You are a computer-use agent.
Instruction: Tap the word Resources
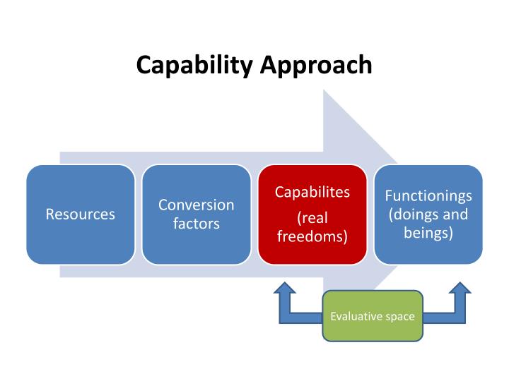point(81,214)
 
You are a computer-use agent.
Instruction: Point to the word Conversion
point(197,205)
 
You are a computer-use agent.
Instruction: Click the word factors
point(197,224)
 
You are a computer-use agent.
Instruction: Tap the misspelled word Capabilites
point(312,193)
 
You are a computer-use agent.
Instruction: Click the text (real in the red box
point(312,218)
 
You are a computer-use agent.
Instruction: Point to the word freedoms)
point(312,236)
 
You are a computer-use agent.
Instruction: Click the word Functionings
point(428,195)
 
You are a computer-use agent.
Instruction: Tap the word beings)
point(428,232)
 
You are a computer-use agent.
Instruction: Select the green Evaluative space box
point(373,332)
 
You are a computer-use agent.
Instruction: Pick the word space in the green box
point(400,317)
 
